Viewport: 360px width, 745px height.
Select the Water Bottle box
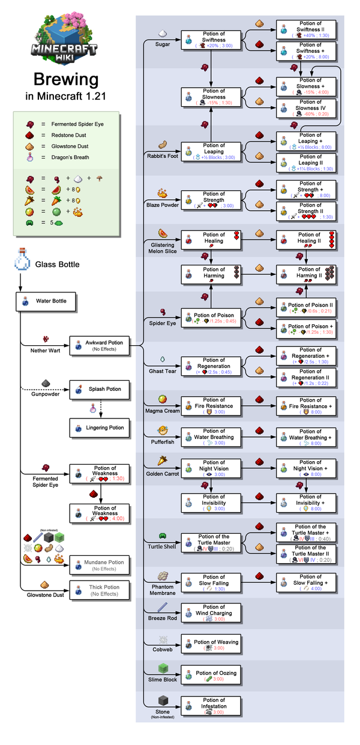[x=46, y=301]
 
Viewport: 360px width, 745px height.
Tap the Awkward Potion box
[x=100, y=345]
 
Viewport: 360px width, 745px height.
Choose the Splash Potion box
[x=100, y=390]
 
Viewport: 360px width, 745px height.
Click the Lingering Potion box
[x=100, y=428]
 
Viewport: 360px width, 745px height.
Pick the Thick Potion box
[x=100, y=590]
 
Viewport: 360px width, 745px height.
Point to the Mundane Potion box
[x=100, y=565]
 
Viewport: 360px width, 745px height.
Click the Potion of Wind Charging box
[x=211, y=614]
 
